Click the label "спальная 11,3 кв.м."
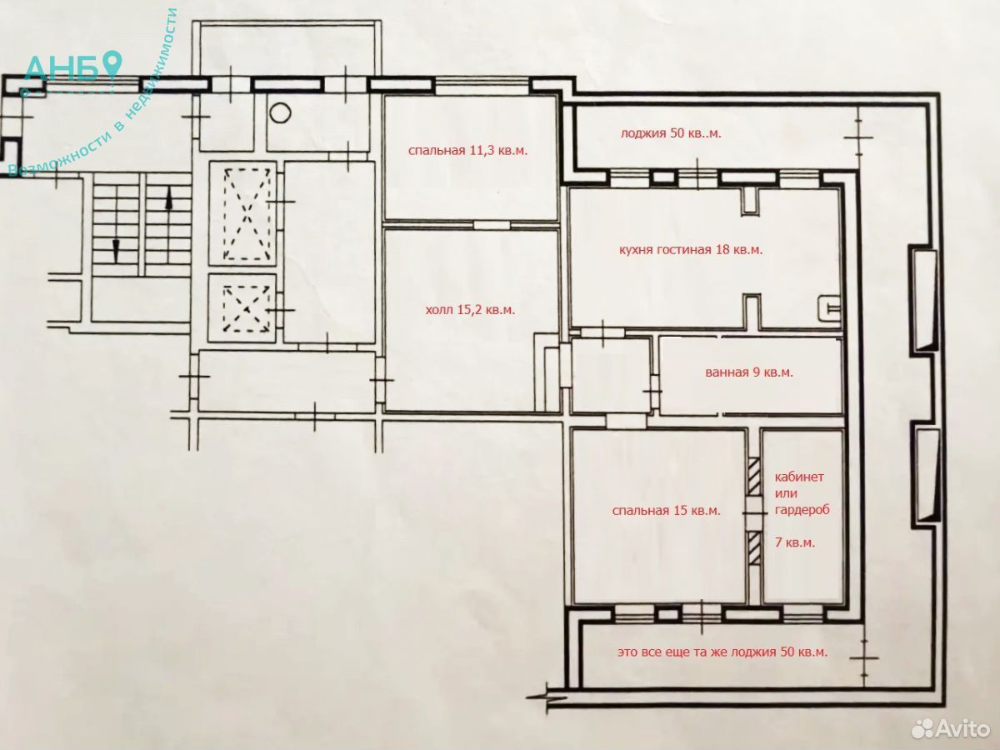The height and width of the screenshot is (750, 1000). point(467,151)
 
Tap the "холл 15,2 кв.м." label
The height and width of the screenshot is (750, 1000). point(470,310)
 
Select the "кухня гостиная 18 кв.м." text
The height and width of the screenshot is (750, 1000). point(691,250)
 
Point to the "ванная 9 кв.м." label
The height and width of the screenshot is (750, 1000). point(749,372)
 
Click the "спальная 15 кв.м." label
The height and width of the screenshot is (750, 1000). point(667,511)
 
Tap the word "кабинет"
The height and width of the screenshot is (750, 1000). point(799,477)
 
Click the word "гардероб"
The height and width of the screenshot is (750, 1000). point(802,509)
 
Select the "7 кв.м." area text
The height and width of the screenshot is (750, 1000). point(795,542)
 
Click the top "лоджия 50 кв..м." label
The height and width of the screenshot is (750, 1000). point(671,133)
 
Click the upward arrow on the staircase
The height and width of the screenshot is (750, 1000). point(168,199)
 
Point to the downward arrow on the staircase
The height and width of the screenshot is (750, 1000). point(116,252)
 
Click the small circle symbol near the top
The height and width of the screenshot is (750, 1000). point(280,112)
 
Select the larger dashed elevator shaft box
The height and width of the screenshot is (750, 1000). point(247,214)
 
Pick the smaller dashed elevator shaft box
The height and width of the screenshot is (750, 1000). point(246,308)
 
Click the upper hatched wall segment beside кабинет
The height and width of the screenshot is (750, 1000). point(755,477)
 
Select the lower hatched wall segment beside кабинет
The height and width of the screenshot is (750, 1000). point(755,548)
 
